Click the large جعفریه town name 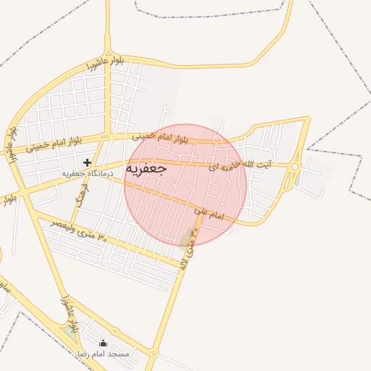[147, 168]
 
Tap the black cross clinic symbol [88, 162]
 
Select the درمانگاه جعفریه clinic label [86, 174]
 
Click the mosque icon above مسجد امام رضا [103, 343]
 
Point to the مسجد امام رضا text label [103, 354]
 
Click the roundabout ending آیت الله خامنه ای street [295, 167]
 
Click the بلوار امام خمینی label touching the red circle [159, 136]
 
